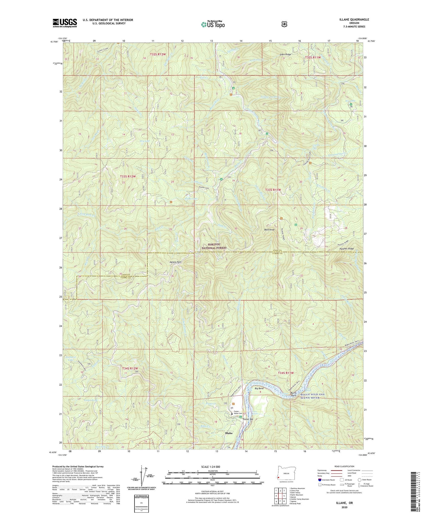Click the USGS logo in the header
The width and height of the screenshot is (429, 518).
[65, 23]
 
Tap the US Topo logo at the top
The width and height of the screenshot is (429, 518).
[212, 24]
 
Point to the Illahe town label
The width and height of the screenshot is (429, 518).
[229, 433]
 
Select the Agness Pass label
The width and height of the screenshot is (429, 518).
[175, 262]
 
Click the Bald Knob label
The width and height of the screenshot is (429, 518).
[269, 230]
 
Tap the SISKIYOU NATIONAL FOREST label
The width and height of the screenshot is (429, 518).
[214, 246]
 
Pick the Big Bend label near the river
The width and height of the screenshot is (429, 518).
[259, 388]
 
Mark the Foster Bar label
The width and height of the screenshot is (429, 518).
[248, 419]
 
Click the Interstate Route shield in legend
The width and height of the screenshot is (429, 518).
[319, 479]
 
